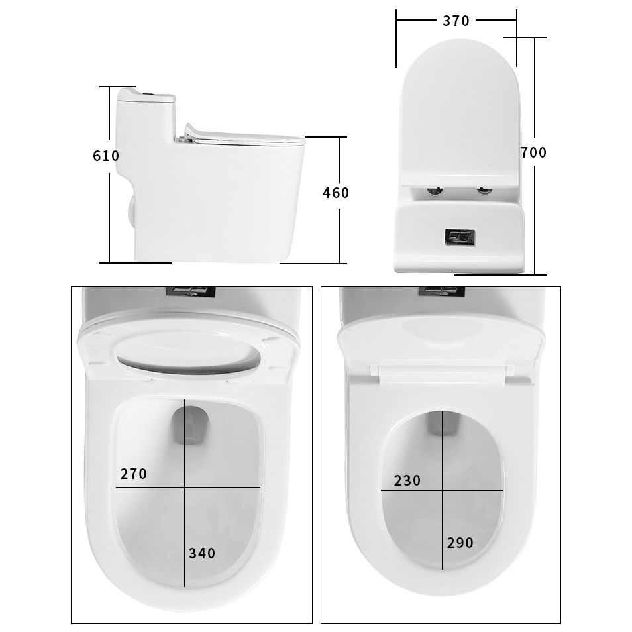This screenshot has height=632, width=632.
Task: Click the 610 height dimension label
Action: (x=106, y=156)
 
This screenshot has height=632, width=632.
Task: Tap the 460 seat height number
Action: (x=335, y=193)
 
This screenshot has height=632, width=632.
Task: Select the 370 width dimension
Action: (x=456, y=21)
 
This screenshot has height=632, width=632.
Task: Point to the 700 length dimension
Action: (x=533, y=153)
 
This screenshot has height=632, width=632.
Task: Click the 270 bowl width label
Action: (x=134, y=474)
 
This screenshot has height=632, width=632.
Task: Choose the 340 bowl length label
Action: (x=202, y=553)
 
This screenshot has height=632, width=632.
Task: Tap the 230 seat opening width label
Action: (x=407, y=481)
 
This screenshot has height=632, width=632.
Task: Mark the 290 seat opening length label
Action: (x=460, y=543)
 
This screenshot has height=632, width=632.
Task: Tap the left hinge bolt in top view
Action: (x=435, y=192)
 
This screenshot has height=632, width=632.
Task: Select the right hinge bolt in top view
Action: (x=485, y=192)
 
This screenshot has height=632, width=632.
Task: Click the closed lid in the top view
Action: (x=460, y=113)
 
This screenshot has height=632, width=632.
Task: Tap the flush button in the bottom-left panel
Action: (x=191, y=291)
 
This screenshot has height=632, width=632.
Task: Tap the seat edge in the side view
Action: (x=245, y=138)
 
